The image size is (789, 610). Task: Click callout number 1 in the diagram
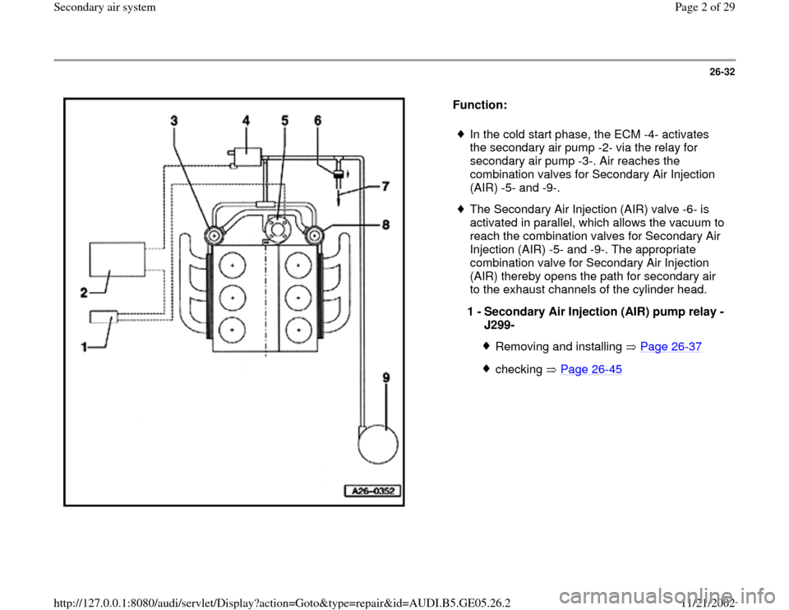[85, 349]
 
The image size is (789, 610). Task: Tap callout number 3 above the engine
[174, 121]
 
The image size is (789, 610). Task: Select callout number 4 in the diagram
[246, 121]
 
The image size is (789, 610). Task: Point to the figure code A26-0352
[371, 492]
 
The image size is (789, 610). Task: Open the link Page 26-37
[673, 347]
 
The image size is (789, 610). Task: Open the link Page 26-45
[595, 369]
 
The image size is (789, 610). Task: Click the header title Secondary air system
[50, 7]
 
